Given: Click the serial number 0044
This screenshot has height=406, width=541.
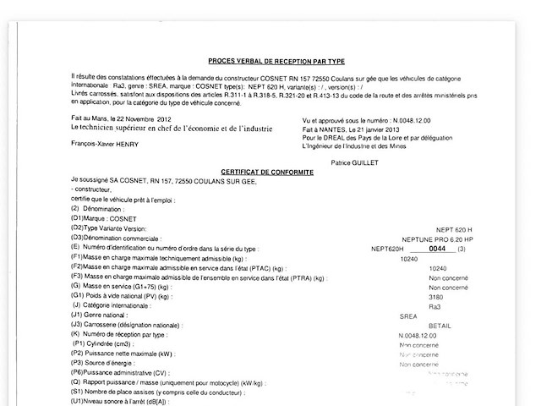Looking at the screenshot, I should coord(436,249).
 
